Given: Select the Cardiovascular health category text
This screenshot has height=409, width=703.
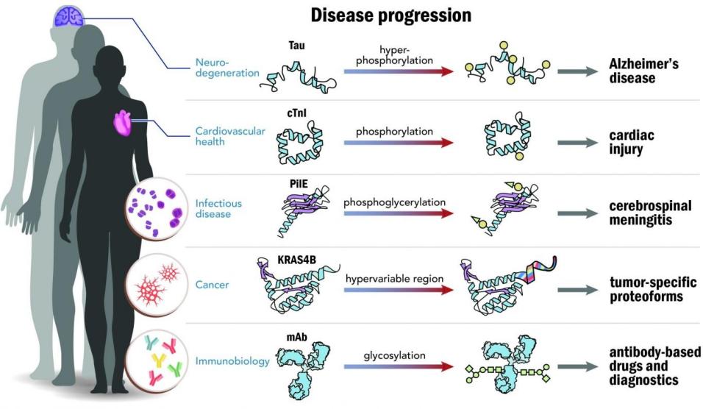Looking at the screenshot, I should pos(220,138).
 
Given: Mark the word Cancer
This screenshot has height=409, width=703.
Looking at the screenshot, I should pos(213,285).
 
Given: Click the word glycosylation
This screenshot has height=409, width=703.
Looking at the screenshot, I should pos(395,355).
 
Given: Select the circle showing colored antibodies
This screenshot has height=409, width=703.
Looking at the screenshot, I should pos(155,360).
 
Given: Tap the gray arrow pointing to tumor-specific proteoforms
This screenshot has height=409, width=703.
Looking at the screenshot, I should pos(576,289).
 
